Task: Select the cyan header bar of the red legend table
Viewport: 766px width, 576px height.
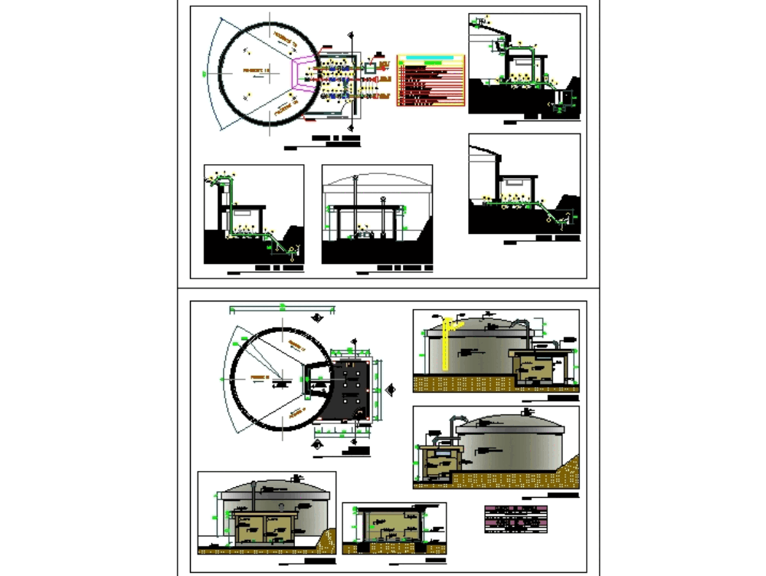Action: [430, 58]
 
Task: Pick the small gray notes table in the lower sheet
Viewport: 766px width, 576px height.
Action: [517, 518]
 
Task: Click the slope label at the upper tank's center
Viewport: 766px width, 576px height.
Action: [253, 71]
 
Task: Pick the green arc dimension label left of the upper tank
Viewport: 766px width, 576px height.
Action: [205, 74]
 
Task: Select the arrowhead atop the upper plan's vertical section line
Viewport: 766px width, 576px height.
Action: [352, 33]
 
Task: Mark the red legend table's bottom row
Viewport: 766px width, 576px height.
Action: [430, 104]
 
